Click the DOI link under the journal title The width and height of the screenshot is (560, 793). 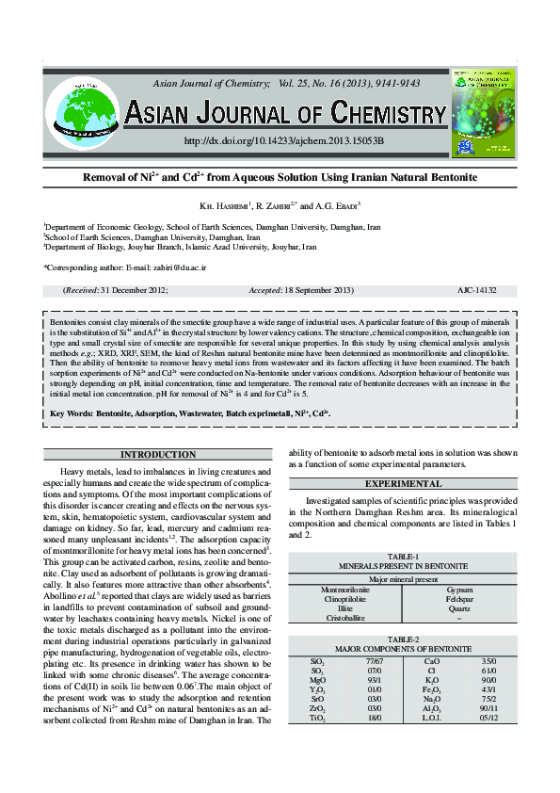coord(283,141)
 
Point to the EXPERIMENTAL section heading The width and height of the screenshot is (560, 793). coord(403,483)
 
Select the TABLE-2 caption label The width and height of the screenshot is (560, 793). coord(403,639)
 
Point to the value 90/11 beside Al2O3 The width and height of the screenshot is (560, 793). coord(488,708)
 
